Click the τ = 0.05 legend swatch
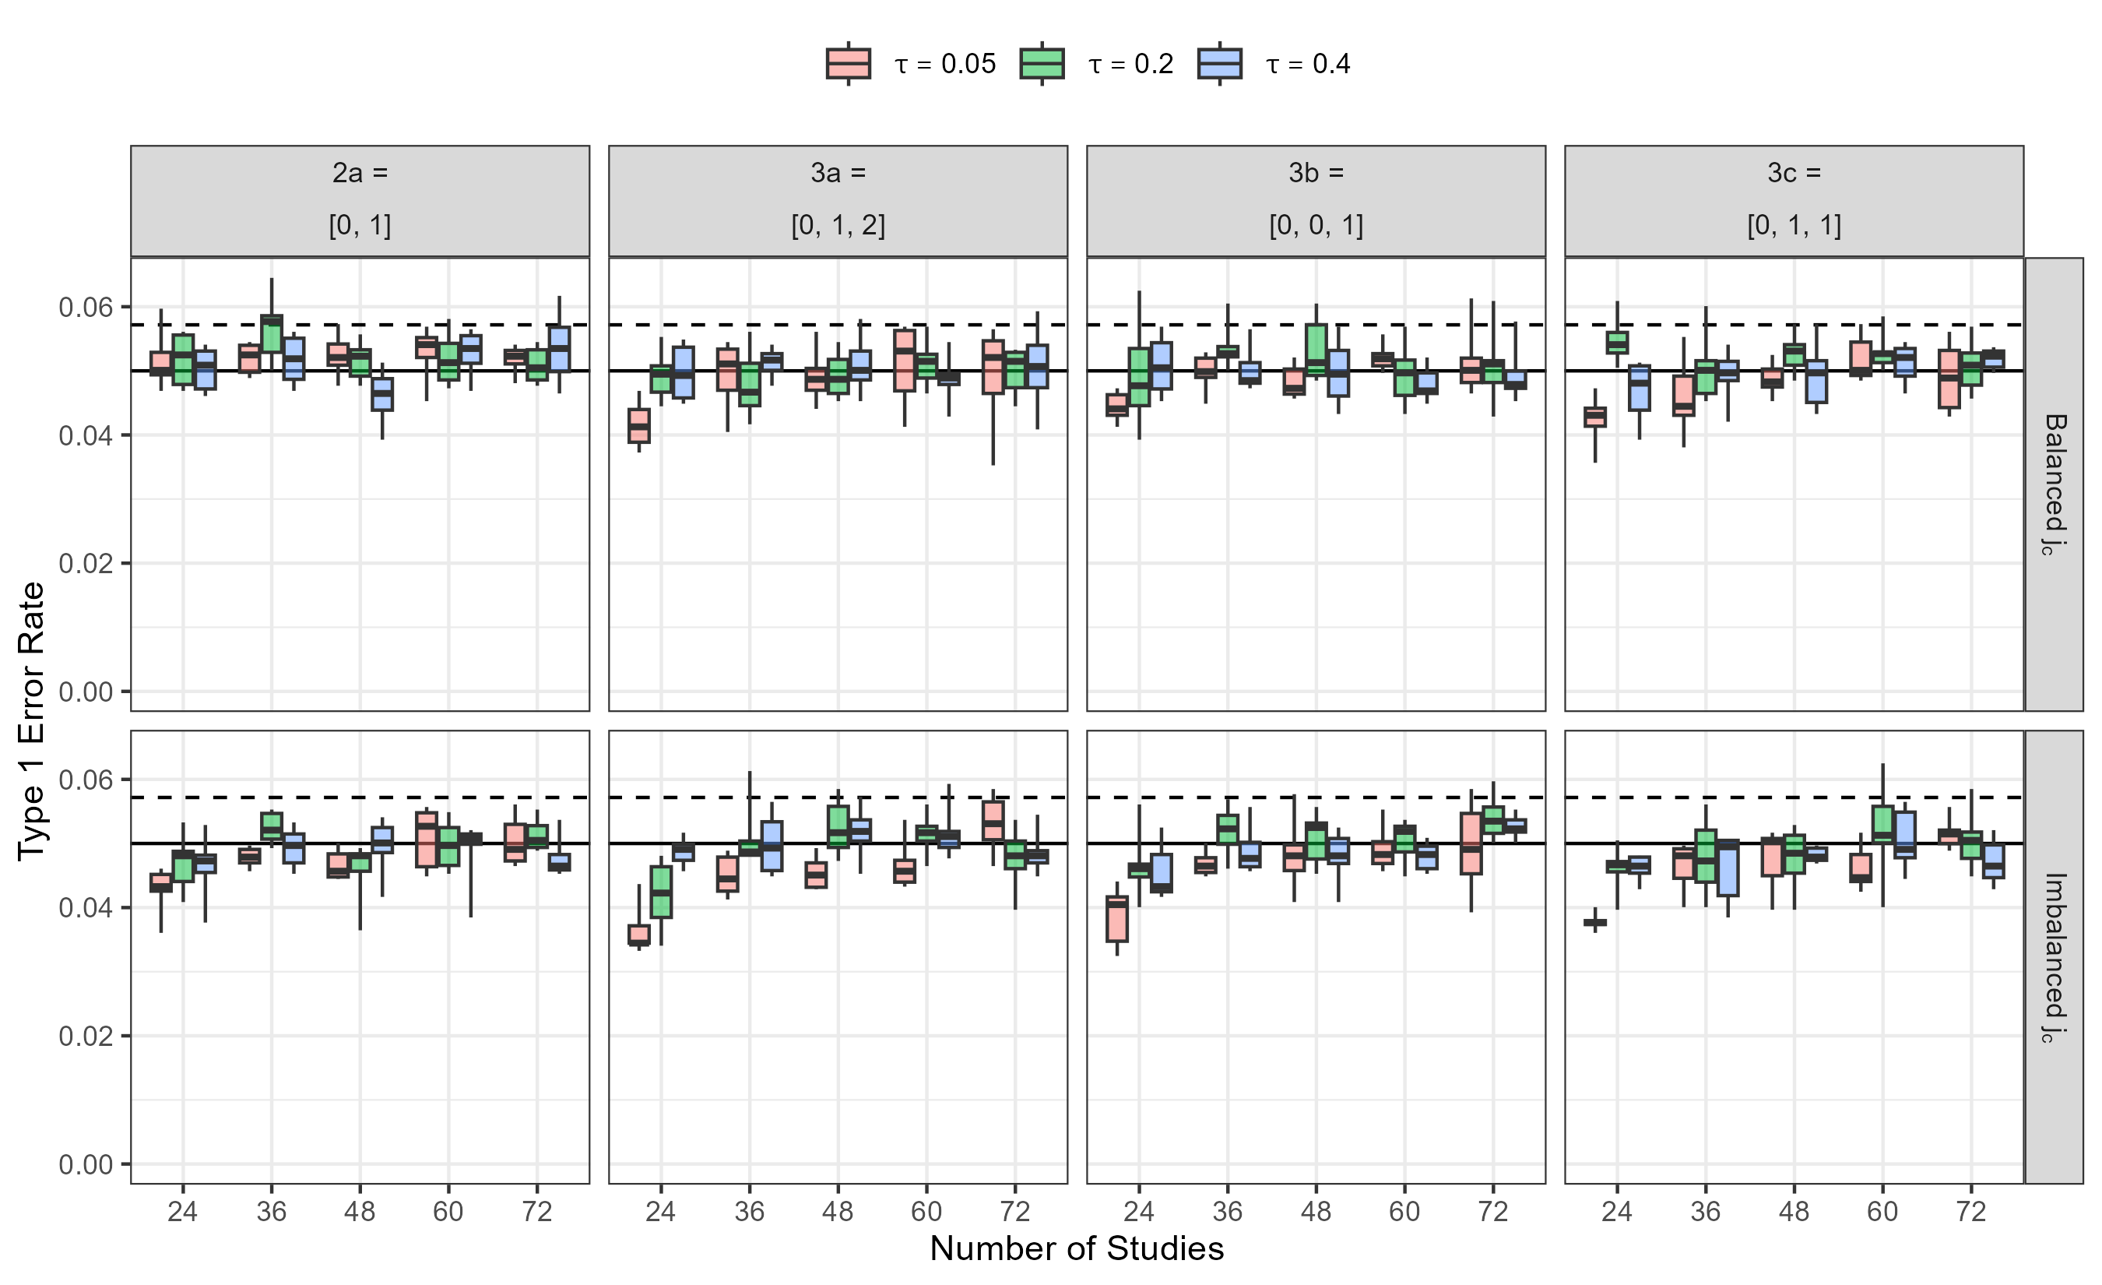(x=848, y=63)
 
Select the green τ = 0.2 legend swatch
(x=1042, y=63)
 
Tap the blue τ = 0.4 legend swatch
(x=1219, y=63)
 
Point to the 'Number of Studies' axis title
(x=1077, y=1248)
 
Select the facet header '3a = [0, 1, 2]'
(x=838, y=199)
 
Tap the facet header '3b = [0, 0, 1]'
(x=1316, y=199)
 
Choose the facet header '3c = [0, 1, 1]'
(x=1794, y=199)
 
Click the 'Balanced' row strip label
(x=2055, y=484)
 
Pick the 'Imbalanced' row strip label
(x=2055, y=957)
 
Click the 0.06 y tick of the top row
(x=86, y=307)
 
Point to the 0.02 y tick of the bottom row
(x=86, y=1036)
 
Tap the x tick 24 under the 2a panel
(x=182, y=1211)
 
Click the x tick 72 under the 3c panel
(x=1970, y=1211)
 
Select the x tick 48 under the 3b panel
(x=1316, y=1211)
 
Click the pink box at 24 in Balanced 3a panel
(x=639, y=426)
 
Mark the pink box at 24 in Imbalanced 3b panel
(x=1116, y=919)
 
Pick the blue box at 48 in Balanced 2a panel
(x=382, y=394)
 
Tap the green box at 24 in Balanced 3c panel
(x=1617, y=342)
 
